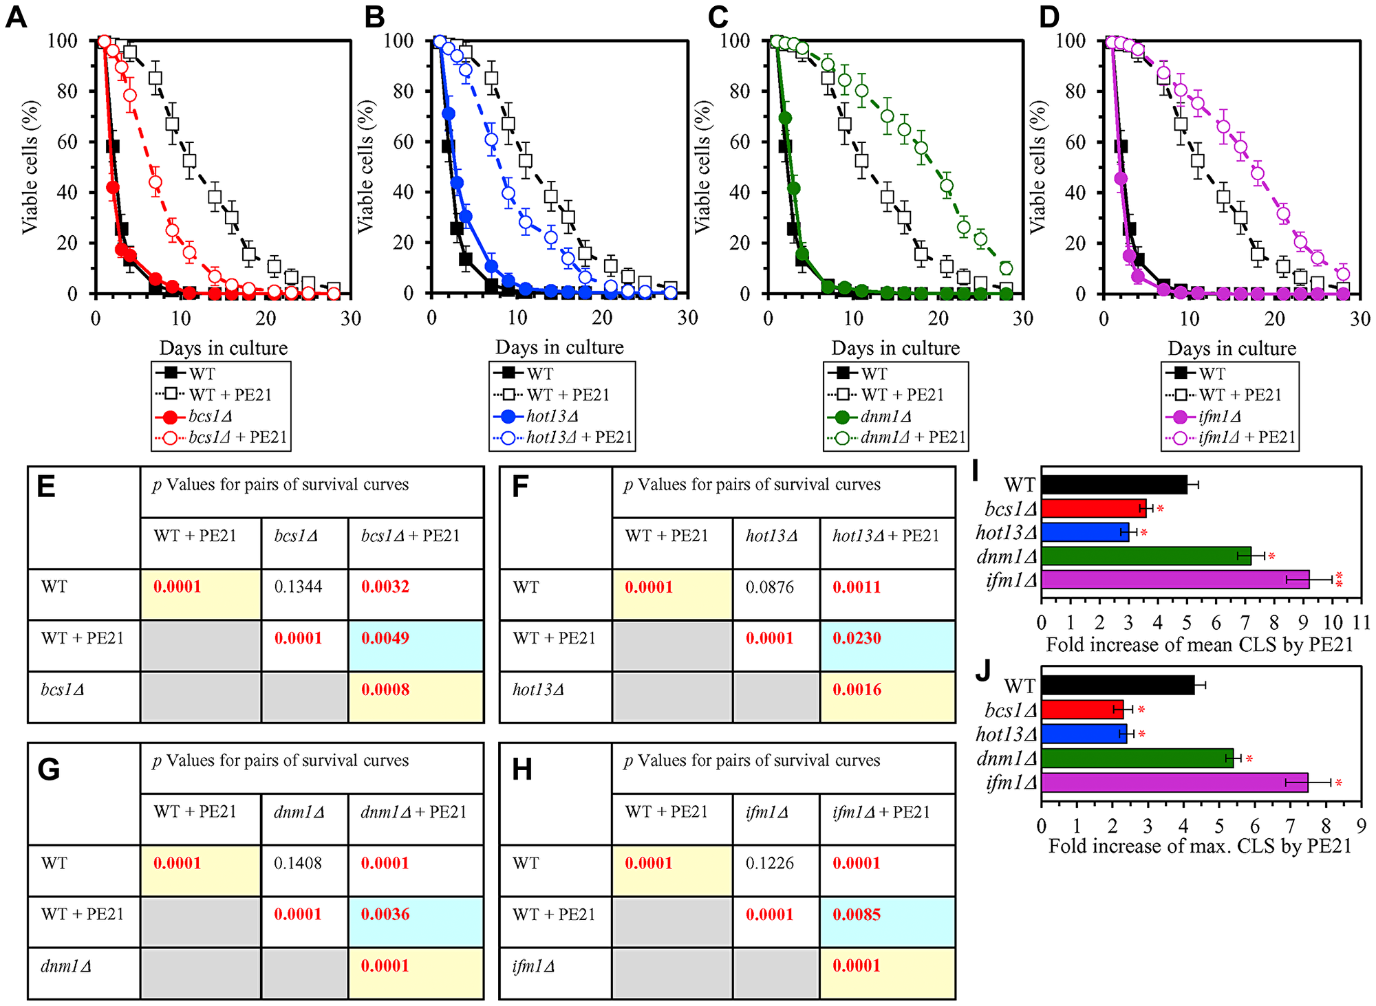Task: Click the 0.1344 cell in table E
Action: (297, 587)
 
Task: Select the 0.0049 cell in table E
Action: (385, 638)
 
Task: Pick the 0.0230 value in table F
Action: (857, 638)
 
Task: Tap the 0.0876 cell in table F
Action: (769, 587)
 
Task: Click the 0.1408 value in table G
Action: (297, 863)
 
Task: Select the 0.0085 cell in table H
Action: (857, 915)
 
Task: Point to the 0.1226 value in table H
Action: (769, 863)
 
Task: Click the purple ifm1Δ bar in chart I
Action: (1175, 580)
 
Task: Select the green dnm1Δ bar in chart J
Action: (1137, 758)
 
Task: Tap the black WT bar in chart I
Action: (1114, 485)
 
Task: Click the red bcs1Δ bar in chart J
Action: (1082, 710)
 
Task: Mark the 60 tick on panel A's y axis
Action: (67, 142)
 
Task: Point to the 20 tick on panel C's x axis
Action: (938, 318)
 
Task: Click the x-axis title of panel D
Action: (1232, 349)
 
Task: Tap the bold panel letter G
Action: (48, 769)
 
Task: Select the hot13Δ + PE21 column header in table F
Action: (885, 536)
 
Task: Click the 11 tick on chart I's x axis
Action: (1362, 622)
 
